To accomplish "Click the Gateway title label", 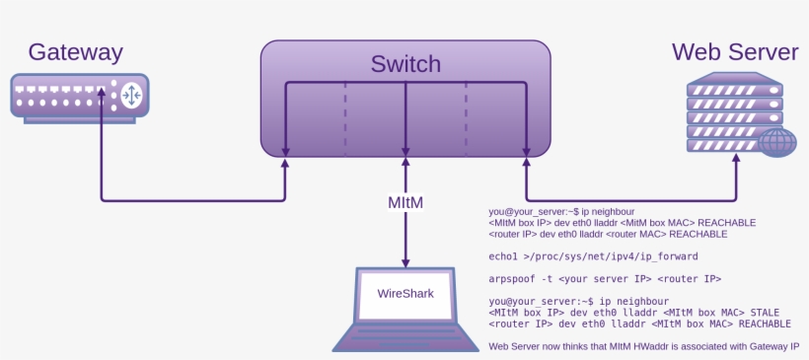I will coord(75,52).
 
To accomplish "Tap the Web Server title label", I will coord(734,51).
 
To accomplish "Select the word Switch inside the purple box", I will coord(405,65).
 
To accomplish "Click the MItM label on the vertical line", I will coord(405,202).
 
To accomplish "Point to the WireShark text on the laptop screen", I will coord(405,293).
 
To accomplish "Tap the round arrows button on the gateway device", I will coord(131,95).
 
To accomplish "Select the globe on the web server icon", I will coord(778,143).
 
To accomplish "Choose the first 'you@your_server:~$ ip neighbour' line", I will coord(561,212).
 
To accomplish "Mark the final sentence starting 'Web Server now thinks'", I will coord(648,346).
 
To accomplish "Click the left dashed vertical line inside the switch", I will coord(345,118).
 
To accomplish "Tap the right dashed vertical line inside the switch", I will coord(466,118).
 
